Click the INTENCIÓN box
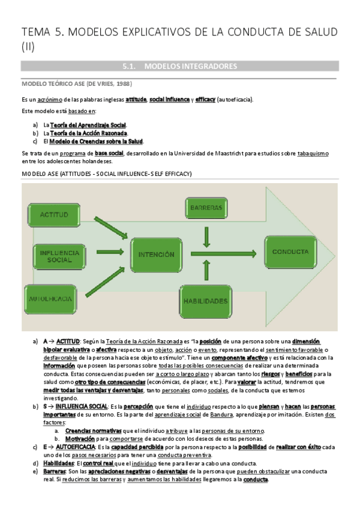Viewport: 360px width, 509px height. [x=155, y=254]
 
